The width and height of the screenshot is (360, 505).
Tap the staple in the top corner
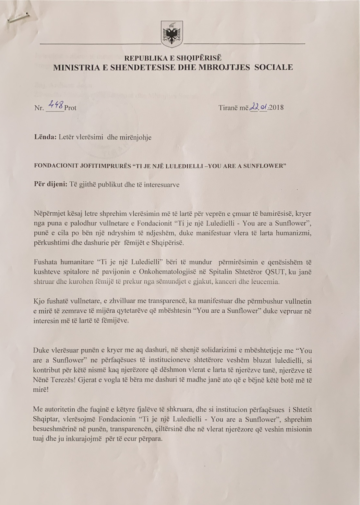(19, 18)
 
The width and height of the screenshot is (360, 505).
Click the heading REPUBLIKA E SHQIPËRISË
(173, 58)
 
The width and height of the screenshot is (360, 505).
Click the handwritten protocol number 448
(55, 104)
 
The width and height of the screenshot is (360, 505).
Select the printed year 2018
(276, 107)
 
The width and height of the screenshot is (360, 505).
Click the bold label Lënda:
(45, 137)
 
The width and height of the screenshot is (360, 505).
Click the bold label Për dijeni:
(50, 184)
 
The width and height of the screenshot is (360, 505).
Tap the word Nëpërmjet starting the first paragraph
(49, 214)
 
